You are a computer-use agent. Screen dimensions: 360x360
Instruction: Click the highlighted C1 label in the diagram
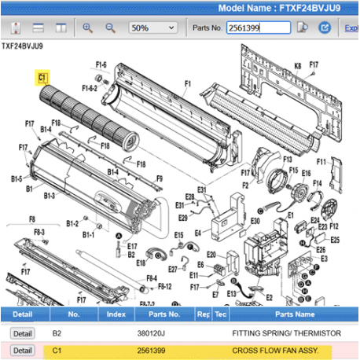click(x=42, y=78)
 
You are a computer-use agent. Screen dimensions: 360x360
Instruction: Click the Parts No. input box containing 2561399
click(x=257, y=28)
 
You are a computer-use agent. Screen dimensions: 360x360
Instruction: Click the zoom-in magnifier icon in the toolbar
click(x=88, y=28)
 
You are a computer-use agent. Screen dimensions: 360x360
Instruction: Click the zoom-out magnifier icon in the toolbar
click(x=111, y=28)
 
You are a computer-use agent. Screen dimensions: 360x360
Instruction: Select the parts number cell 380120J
click(x=151, y=332)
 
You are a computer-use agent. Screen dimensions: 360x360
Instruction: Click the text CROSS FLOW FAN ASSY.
click(x=271, y=350)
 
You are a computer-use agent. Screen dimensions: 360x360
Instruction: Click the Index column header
click(x=116, y=314)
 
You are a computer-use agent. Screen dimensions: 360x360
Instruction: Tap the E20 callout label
click(x=211, y=255)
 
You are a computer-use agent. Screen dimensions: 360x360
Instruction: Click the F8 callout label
click(x=31, y=219)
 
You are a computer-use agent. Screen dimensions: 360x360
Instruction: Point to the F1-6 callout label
click(x=101, y=64)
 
